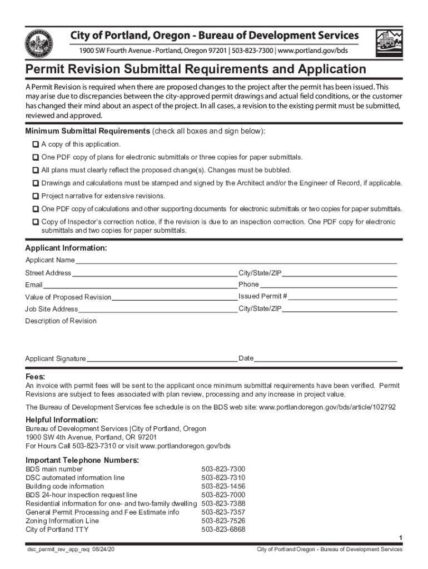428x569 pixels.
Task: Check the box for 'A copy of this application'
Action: (x=36, y=144)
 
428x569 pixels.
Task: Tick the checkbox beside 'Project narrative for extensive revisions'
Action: (x=36, y=196)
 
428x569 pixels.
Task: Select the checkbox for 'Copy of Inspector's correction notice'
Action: (x=36, y=222)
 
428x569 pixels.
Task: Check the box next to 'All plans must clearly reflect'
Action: (x=36, y=170)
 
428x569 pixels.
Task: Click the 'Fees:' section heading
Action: (x=36, y=377)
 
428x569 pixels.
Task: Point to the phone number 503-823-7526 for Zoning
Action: (x=223, y=521)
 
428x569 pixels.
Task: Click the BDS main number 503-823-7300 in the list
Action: (x=223, y=469)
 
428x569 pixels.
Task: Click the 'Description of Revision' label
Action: (x=61, y=321)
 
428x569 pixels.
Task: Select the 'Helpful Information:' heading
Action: (x=62, y=420)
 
